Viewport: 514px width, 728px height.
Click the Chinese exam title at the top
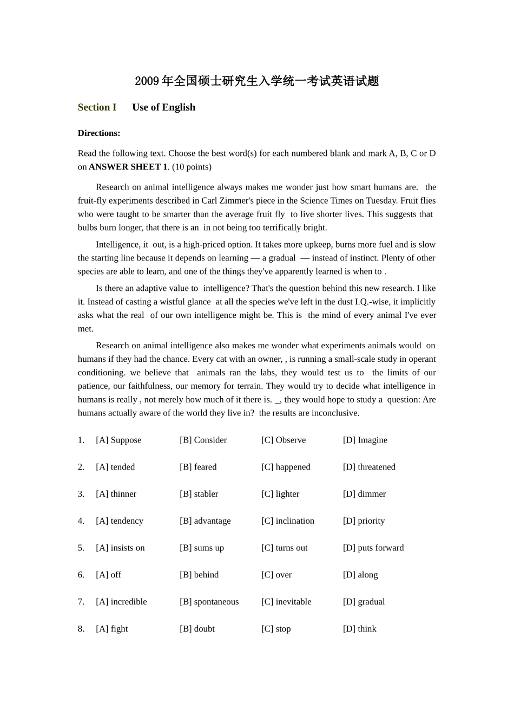tap(256, 81)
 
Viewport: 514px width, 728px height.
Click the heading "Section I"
tap(97, 107)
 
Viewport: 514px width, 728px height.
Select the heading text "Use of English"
tap(163, 107)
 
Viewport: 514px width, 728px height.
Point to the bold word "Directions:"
tap(99, 133)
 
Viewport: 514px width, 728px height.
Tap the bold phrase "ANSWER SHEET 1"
tap(128, 167)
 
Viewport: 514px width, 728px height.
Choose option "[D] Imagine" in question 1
tap(365, 440)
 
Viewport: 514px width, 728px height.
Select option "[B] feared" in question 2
tap(198, 467)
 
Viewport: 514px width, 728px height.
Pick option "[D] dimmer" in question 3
tap(364, 494)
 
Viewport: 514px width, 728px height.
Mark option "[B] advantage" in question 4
tap(205, 521)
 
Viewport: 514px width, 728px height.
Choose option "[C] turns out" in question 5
tap(284, 548)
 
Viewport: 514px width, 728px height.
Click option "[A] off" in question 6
tap(108, 575)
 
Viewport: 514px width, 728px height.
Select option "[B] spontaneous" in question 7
tap(209, 602)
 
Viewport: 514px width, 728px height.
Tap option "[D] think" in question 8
tap(359, 629)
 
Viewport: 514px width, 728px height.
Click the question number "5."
tap(81, 548)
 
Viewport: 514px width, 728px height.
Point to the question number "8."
tap(81, 629)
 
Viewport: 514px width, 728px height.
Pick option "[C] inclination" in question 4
tap(287, 521)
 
